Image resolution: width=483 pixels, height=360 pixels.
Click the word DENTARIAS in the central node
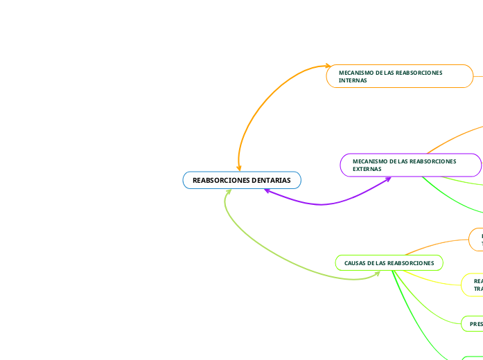click(x=271, y=180)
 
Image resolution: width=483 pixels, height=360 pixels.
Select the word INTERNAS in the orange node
click(x=353, y=80)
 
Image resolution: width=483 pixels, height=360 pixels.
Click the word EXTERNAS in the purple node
click(x=367, y=169)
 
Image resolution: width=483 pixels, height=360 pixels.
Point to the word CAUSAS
click(x=354, y=263)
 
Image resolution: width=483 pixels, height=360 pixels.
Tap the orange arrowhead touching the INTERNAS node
click(x=329, y=66)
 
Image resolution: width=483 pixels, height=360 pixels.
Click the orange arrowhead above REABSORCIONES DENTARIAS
click(x=239, y=168)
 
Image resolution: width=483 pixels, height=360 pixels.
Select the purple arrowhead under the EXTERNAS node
click(x=388, y=179)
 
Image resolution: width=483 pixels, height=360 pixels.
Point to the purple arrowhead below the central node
click(x=267, y=190)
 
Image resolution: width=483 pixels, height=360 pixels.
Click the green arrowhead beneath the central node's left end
click(x=228, y=192)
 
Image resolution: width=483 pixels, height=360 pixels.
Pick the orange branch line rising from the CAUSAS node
click(x=437, y=245)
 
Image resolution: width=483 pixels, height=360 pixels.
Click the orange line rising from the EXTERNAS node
click(x=450, y=139)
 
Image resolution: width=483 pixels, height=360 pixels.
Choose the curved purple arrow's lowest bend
click(x=319, y=204)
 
